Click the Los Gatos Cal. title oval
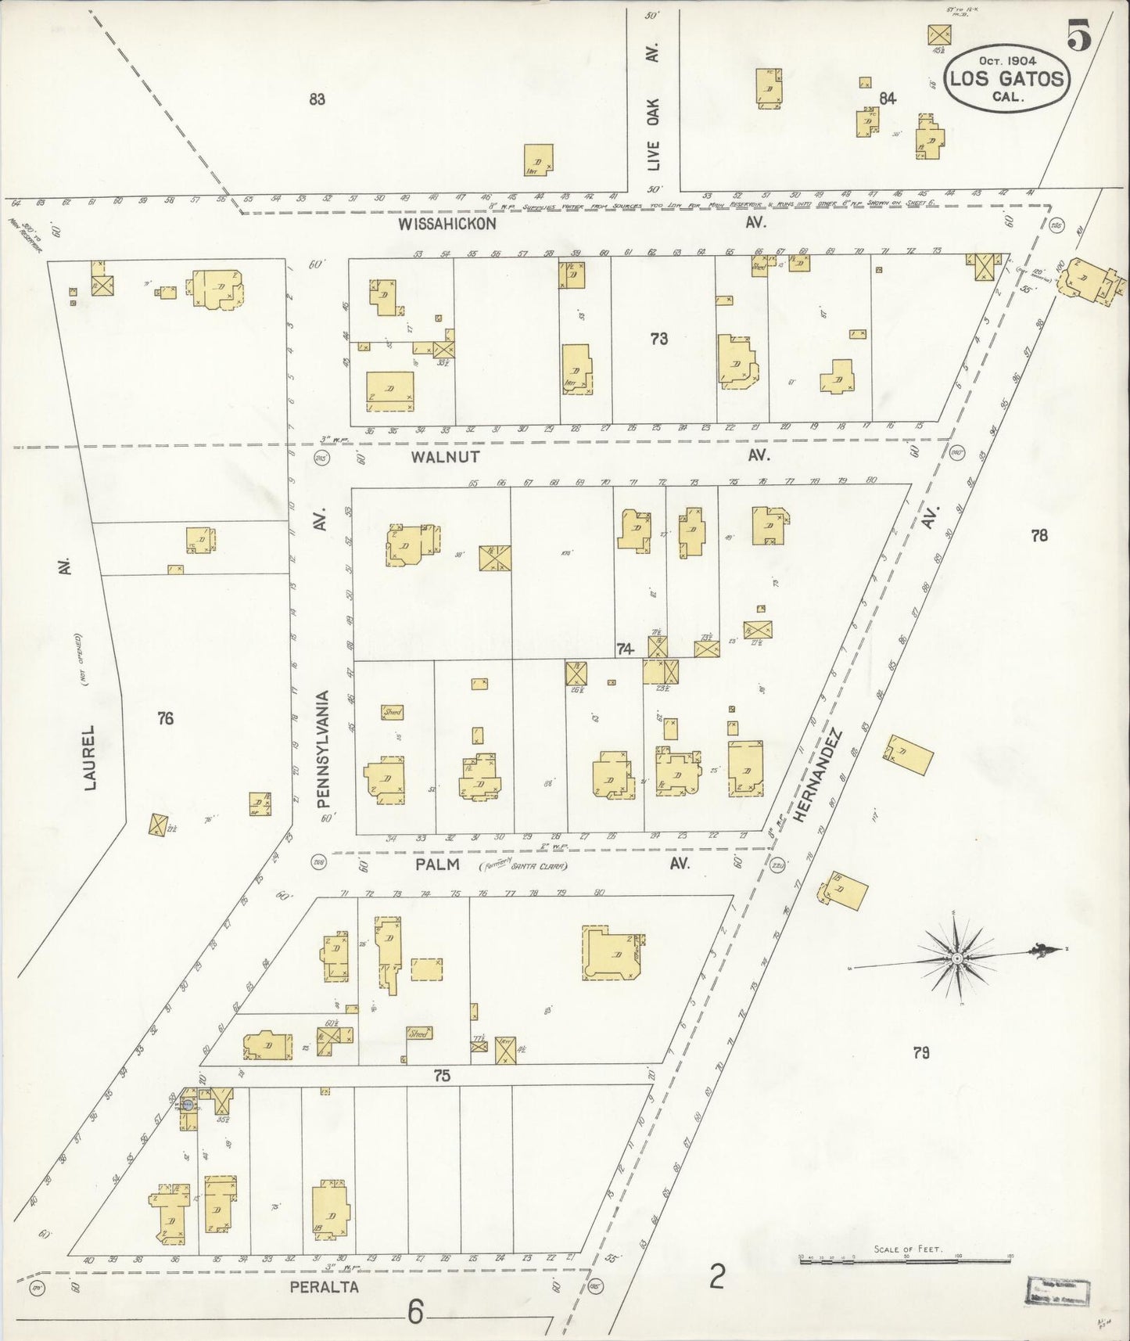[1006, 79]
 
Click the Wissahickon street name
[447, 224]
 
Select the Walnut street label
[445, 456]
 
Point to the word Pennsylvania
[324, 749]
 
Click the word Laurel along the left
[90, 757]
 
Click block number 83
[317, 99]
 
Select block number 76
[165, 718]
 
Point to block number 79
[921, 1052]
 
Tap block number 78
[1039, 536]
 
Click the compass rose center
[956, 958]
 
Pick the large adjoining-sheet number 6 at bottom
[415, 1312]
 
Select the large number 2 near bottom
[716, 1278]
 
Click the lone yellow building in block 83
[538, 160]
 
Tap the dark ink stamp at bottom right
[1058, 1290]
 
